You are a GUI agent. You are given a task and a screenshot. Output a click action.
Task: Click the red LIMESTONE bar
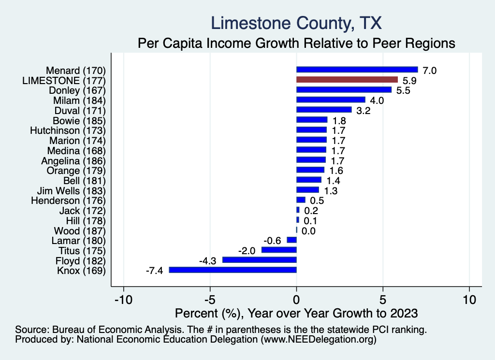tap(347, 80)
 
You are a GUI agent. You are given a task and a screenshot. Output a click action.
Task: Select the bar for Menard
tap(357, 70)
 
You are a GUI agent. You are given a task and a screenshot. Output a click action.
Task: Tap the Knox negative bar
tap(233, 270)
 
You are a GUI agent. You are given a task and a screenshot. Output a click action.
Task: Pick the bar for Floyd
tap(259, 260)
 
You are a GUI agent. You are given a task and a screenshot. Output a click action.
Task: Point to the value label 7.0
tap(430, 71)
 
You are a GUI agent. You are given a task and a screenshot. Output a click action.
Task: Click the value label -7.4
tap(154, 271)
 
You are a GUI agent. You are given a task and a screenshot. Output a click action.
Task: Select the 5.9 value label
tap(409, 81)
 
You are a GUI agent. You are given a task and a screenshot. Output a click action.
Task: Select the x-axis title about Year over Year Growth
tap(296, 313)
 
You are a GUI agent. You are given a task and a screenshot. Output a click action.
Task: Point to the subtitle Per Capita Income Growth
tap(297, 43)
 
